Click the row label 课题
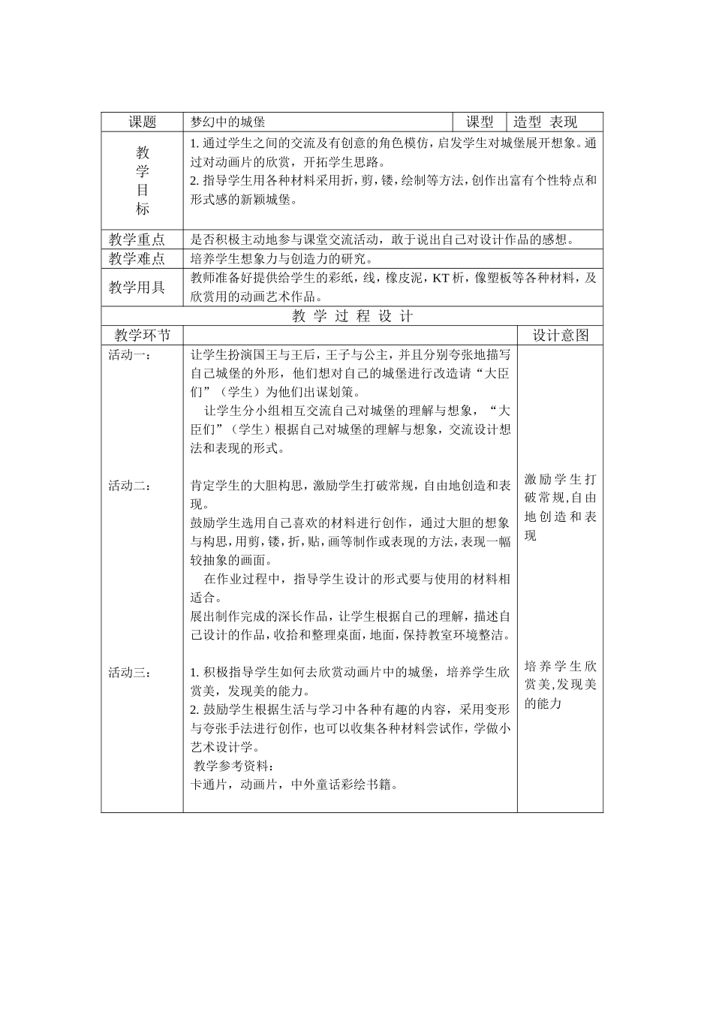point(142,122)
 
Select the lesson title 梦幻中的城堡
point(228,122)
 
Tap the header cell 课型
point(480,122)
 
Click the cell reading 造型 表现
point(546,122)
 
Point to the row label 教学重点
point(137,240)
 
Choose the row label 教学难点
point(137,259)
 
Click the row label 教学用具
point(137,288)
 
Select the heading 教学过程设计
point(352,316)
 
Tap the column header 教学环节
point(142,336)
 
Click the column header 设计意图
point(560,336)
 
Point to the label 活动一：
point(130,354)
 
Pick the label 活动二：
point(130,486)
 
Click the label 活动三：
point(130,673)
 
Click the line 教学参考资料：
point(234,767)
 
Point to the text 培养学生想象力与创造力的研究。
point(281,259)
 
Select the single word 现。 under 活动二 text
point(199,505)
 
